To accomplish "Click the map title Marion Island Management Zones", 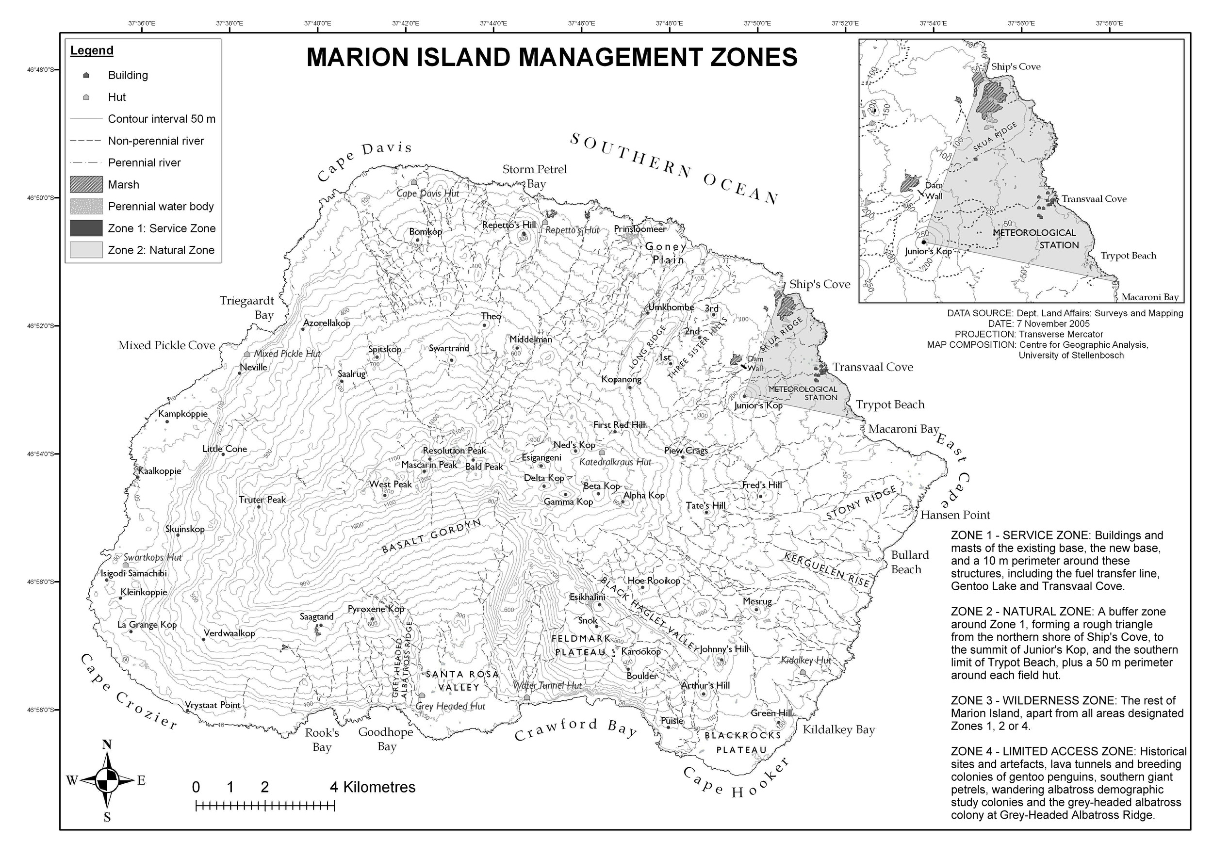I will click(x=552, y=57).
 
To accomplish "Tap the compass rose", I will click(x=107, y=780).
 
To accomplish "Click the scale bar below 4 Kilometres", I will click(x=265, y=806).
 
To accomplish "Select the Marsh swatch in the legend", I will click(x=86, y=185).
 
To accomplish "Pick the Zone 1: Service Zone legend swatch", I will click(x=86, y=228).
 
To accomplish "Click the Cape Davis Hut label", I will click(x=427, y=193).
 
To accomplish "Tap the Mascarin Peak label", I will click(x=429, y=465).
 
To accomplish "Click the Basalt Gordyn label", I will click(x=432, y=536).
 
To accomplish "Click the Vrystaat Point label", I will click(x=213, y=705).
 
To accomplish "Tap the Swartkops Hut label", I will click(x=152, y=558).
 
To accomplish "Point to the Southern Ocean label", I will click(x=673, y=168).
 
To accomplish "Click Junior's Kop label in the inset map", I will click(x=928, y=251).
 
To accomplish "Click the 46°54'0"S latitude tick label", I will click(x=41, y=454).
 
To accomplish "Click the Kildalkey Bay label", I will click(x=838, y=730).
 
